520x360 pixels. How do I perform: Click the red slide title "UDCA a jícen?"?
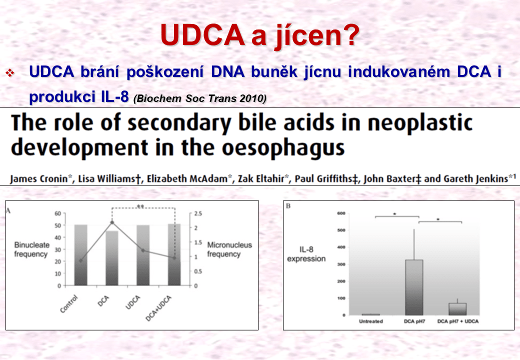(x=259, y=35)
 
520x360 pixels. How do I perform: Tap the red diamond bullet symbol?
(x=10, y=72)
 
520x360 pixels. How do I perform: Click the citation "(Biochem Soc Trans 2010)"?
(x=200, y=98)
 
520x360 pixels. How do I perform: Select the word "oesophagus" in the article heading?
(x=283, y=148)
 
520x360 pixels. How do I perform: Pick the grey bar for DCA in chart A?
(x=112, y=258)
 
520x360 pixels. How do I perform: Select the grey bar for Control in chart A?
(x=80, y=255)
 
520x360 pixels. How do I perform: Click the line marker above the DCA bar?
(x=112, y=222)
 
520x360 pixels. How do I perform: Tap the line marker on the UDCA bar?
(x=143, y=250)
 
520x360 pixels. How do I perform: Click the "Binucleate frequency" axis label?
(x=31, y=249)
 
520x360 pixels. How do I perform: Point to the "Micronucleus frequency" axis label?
(x=229, y=249)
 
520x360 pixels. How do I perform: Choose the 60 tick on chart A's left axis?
(x=58, y=213)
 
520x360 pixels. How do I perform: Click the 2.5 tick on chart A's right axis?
(x=198, y=213)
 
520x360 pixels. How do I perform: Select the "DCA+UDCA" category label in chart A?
(x=159, y=308)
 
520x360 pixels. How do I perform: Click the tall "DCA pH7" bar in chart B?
(x=414, y=287)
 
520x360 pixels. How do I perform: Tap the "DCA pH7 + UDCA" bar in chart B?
(x=457, y=309)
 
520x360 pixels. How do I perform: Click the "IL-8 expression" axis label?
(x=306, y=254)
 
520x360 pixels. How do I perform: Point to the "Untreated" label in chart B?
(x=371, y=321)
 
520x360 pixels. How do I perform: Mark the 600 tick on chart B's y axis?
(x=341, y=213)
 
